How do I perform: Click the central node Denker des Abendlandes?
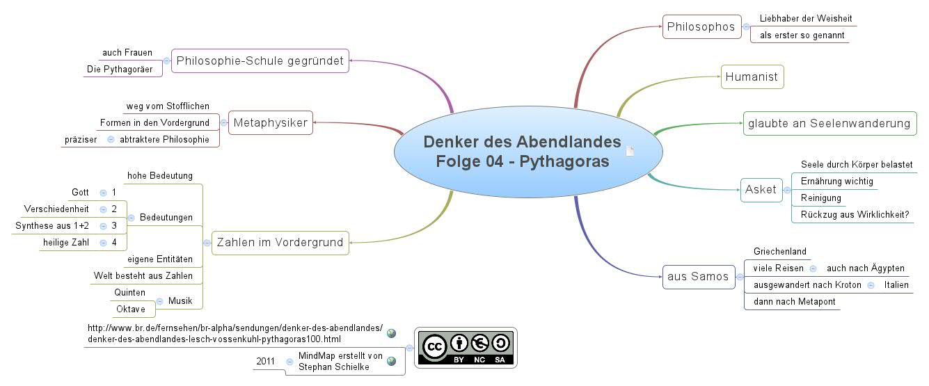(521, 152)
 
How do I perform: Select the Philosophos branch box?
(701, 27)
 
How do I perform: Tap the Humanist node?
(752, 77)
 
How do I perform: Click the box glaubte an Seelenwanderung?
(829, 123)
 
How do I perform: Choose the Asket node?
(761, 189)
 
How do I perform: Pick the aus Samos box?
(697, 276)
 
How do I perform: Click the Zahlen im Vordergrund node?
(280, 242)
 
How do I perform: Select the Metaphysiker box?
(271, 123)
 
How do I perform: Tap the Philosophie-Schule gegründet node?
(260, 61)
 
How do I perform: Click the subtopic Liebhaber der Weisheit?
(805, 18)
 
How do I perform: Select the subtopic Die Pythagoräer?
(120, 69)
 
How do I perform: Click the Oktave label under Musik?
(130, 309)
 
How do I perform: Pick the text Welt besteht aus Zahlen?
(143, 275)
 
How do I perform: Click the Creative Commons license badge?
(465, 347)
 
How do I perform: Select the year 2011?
(265, 361)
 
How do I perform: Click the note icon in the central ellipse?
(630, 152)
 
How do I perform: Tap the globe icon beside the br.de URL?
(391, 333)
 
